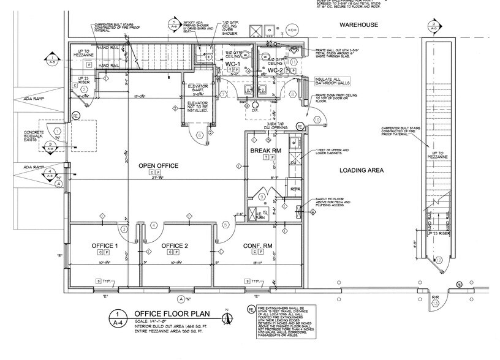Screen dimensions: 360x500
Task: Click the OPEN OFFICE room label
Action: pyautogui.click(x=158, y=166)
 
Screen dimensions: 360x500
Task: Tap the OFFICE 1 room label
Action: pyautogui.click(x=105, y=246)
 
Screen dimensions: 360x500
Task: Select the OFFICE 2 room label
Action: pyautogui.click(x=175, y=246)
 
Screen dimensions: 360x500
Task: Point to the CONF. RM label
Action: pyautogui.click(x=258, y=246)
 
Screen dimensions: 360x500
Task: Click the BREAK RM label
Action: pyautogui.click(x=265, y=150)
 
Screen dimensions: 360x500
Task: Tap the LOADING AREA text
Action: pyautogui.click(x=362, y=171)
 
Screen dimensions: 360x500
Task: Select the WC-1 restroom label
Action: pyautogui.click(x=232, y=64)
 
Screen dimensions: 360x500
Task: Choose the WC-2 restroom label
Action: pyautogui.click(x=275, y=70)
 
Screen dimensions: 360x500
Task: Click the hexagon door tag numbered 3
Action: pyautogui.click(x=124, y=229)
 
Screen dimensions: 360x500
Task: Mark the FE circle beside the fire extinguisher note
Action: pyautogui.click(x=252, y=312)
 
